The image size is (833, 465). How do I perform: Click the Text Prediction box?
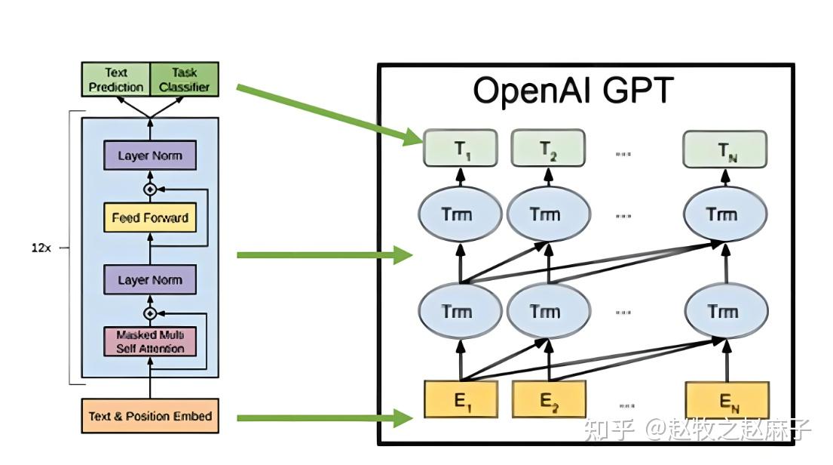tap(116, 79)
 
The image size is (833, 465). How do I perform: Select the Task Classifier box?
tap(184, 79)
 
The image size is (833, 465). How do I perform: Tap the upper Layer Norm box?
tap(149, 156)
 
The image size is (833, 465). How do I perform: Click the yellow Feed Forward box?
tap(149, 218)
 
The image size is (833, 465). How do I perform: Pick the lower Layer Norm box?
tap(149, 280)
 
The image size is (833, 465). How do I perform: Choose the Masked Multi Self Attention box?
tap(149, 341)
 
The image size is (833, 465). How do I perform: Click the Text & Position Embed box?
tap(150, 416)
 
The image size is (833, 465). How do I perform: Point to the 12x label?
tap(41, 248)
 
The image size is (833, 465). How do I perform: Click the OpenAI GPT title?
tap(572, 91)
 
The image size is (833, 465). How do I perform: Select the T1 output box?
tap(461, 149)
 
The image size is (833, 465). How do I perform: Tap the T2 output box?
tap(548, 149)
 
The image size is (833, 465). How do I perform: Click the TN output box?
tap(724, 149)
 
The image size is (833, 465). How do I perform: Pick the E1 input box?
tap(461, 400)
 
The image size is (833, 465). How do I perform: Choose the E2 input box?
tap(549, 400)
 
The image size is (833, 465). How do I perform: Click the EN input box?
tap(727, 400)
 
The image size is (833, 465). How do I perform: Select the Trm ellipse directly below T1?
tap(457, 214)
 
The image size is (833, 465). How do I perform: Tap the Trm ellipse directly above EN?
tap(727, 311)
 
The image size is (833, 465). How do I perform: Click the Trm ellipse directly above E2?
tap(545, 311)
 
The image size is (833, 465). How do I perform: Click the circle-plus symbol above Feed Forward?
tap(149, 189)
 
